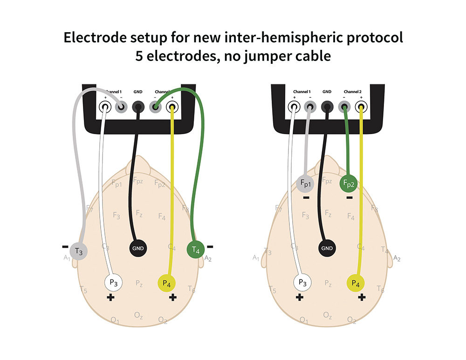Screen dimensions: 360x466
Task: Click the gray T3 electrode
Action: (79, 252)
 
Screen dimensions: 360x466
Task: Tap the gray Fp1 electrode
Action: (306, 183)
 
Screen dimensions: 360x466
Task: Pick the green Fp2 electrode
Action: (349, 183)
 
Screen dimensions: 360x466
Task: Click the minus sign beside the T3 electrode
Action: (65, 246)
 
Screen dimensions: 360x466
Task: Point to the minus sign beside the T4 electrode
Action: (210, 246)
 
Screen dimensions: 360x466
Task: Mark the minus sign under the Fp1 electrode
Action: (306, 197)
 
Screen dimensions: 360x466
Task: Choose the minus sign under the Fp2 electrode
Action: (349, 197)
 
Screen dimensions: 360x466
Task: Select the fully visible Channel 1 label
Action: (302, 92)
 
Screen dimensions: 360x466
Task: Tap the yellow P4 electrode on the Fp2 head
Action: (356, 283)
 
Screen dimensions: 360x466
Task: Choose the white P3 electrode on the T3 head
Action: (113, 282)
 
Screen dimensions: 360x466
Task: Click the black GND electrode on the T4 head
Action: (138, 248)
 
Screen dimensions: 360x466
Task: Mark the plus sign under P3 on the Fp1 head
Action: (300, 297)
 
